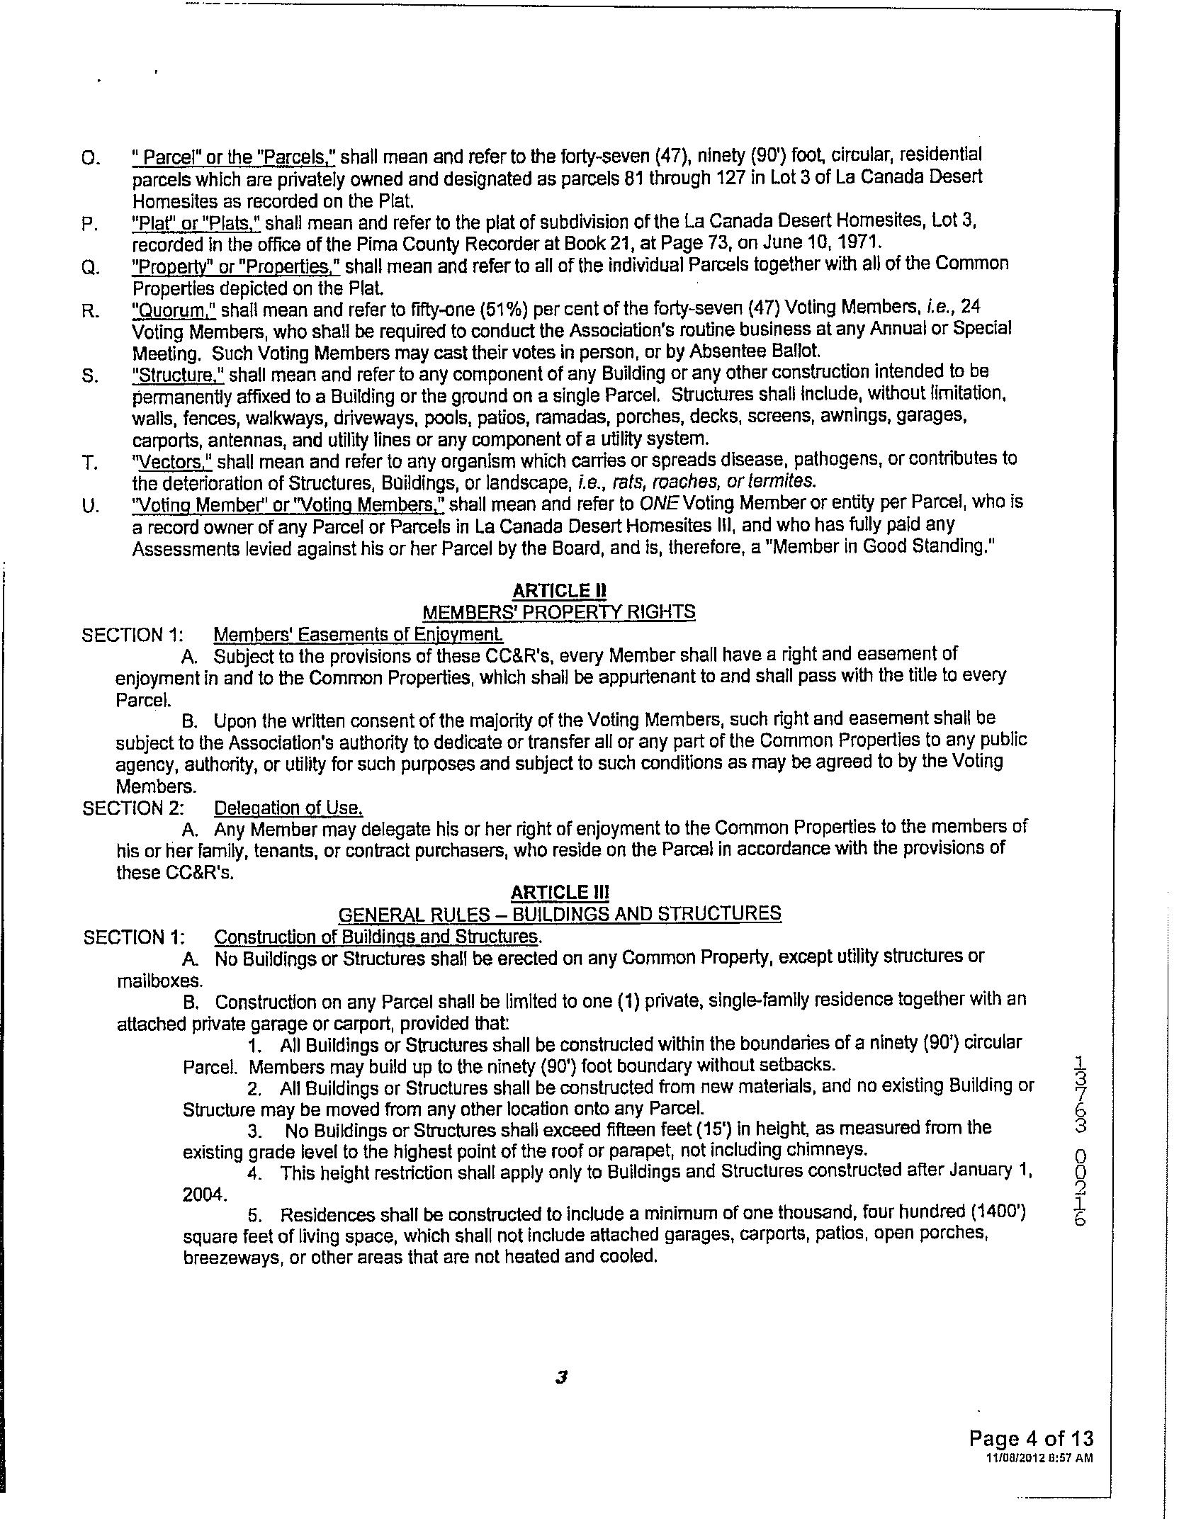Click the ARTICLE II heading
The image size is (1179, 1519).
point(559,590)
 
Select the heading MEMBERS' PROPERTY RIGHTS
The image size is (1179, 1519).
point(558,611)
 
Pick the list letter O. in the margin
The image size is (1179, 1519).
point(91,158)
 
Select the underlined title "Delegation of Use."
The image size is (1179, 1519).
point(288,808)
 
